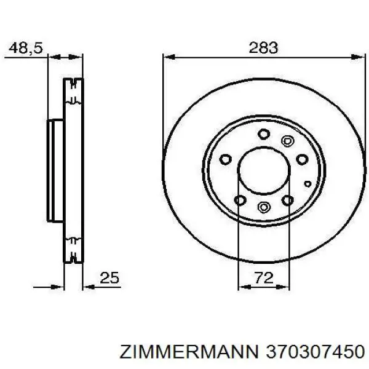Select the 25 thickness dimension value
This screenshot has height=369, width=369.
point(109,278)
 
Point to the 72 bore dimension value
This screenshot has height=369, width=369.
point(263,278)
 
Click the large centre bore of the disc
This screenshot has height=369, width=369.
point(263,170)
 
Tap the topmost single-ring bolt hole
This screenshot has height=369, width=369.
point(263,133)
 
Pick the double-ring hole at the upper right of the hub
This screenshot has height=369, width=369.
point(285,141)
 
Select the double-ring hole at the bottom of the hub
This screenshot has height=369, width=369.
point(264,207)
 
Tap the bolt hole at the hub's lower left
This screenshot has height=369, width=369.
point(240,199)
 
